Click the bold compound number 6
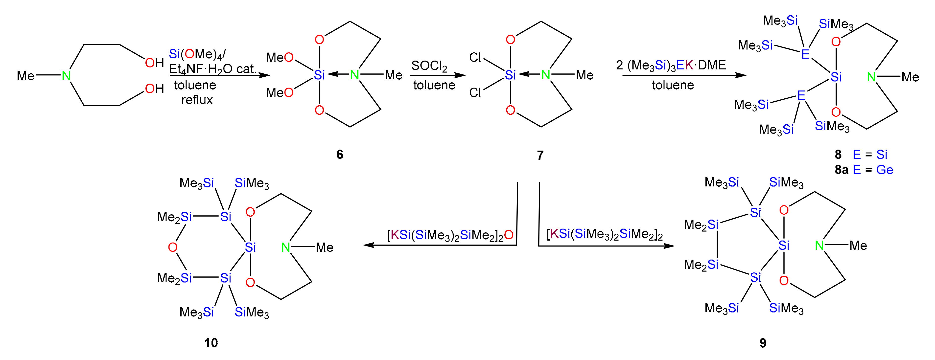point(339,155)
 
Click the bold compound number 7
point(540,155)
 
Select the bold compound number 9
point(763,343)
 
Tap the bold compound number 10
point(211,343)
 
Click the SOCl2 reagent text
point(429,66)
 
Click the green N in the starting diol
point(66,76)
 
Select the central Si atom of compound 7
point(510,75)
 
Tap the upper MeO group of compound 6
point(280,57)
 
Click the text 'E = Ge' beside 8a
point(873,170)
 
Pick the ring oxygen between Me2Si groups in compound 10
point(172,247)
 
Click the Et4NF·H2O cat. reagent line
point(212,69)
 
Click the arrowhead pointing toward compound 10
point(368,245)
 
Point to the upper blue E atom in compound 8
point(805,54)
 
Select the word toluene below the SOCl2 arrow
point(434,85)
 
